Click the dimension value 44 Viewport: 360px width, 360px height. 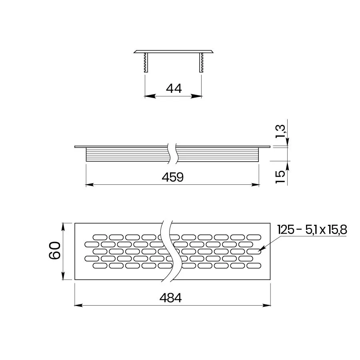coord(174,88)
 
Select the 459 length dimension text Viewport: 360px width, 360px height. coord(173,177)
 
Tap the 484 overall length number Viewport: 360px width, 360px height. coord(170,298)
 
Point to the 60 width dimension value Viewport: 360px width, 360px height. coord(55,250)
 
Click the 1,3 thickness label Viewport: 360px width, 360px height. coord(280,131)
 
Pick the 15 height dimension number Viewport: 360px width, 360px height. coord(280,177)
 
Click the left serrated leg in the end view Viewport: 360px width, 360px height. coord(146,62)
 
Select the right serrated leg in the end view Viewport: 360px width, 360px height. coord(201,62)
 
